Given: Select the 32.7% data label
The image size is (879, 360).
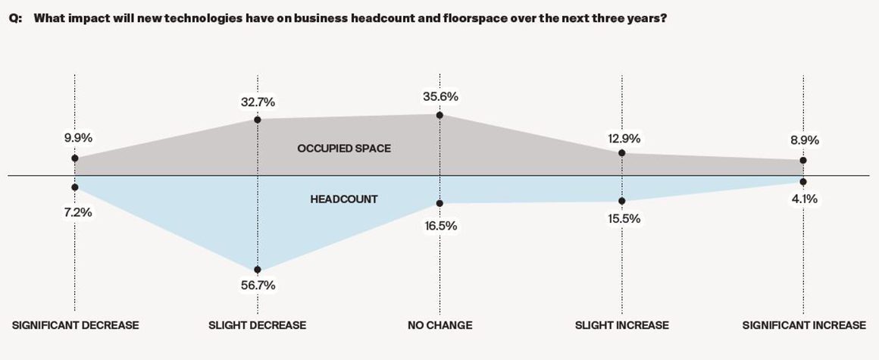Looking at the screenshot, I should pos(258,99).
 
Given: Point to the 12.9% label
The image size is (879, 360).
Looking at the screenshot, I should pos(624,138).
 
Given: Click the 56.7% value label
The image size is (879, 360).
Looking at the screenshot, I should pos(258,286).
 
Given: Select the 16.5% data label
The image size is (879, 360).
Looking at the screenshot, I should pos(442,225).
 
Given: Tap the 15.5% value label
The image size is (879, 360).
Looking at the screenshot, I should pos(624,218).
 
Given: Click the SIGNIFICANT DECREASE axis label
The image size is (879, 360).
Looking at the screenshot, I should pos(76,325).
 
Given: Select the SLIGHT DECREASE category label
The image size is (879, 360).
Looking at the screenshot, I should pos(258,325).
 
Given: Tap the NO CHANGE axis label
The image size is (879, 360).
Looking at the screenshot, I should pos(439,325).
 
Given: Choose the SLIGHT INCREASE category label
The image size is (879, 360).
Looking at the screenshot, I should pos(622,325).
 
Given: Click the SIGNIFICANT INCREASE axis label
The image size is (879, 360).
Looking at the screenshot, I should pos(804,325).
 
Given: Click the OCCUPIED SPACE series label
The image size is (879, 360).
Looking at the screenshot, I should pos(344,149).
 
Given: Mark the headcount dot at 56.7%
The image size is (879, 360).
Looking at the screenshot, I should pos(258,270).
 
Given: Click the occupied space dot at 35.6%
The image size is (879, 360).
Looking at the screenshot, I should pos(439,115).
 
